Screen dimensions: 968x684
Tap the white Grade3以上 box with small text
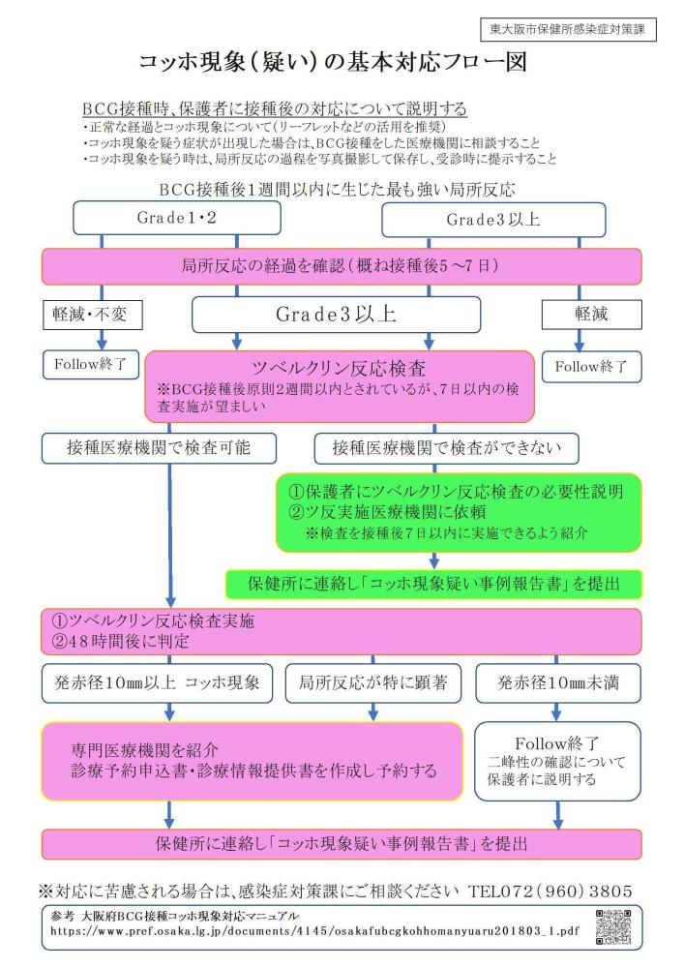pyautogui.click(x=493, y=220)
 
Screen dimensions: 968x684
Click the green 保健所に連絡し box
pyautogui.click(x=433, y=584)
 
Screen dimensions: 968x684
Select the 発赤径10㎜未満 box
pyautogui.click(x=558, y=682)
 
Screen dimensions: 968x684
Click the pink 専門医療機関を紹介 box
pyautogui.click(x=253, y=760)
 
